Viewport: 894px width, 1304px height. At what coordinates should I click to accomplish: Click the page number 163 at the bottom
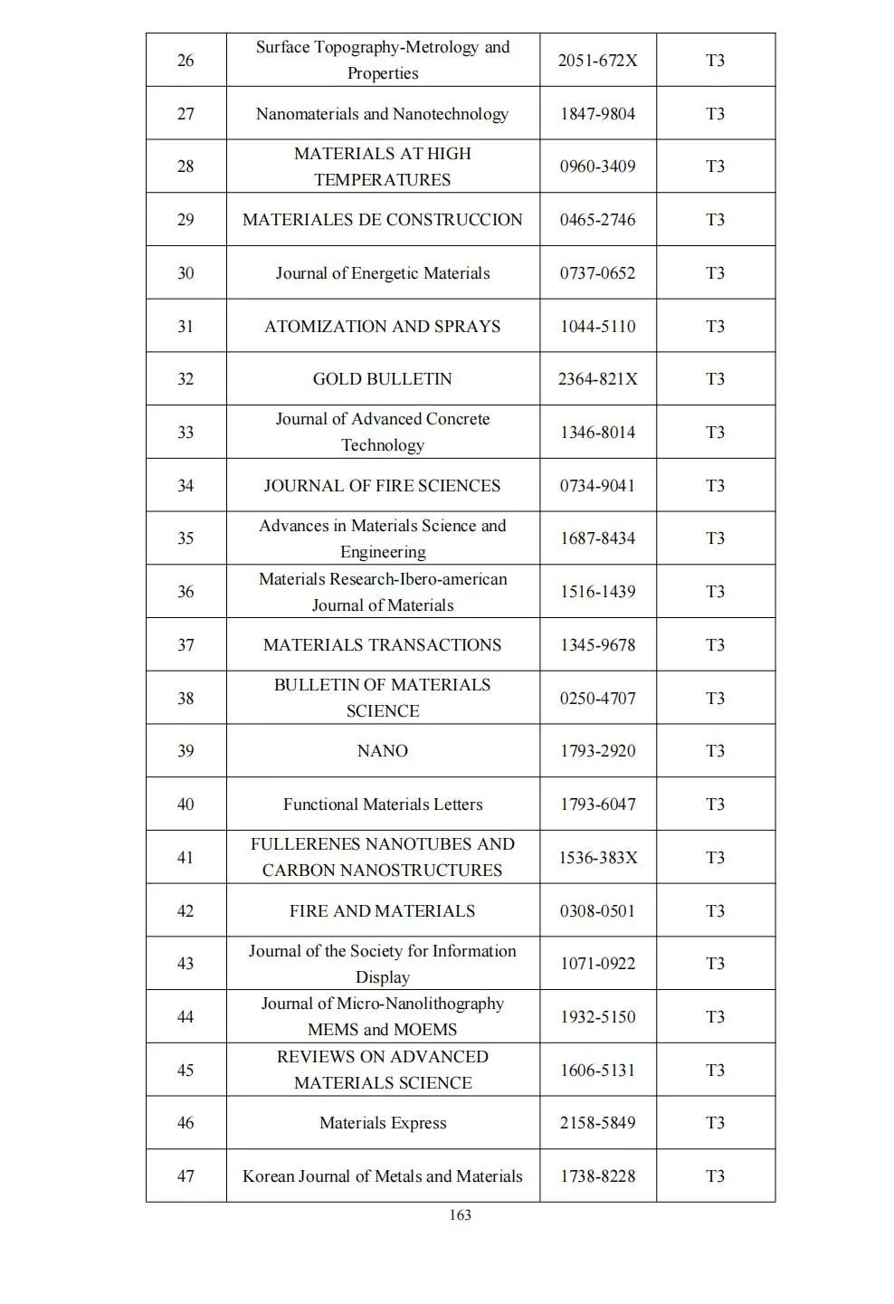tap(460, 1214)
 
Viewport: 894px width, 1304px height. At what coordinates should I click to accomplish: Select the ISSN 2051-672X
tap(597, 61)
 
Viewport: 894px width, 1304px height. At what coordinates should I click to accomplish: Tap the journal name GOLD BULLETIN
tap(382, 379)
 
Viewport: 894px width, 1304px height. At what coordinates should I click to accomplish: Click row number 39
tap(185, 751)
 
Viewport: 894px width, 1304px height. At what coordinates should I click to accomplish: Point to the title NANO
tap(382, 751)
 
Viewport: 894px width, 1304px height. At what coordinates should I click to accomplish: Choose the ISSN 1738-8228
tap(597, 1176)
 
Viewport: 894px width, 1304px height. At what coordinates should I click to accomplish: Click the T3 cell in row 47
tap(715, 1176)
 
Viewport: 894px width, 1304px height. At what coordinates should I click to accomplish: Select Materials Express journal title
tap(382, 1123)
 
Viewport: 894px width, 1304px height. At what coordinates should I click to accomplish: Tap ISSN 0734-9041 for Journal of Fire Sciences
tap(597, 486)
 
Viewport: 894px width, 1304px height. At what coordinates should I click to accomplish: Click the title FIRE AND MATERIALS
tap(382, 911)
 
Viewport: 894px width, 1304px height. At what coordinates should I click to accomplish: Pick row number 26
tap(185, 61)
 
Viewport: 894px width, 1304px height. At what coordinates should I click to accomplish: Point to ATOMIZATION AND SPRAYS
tap(382, 327)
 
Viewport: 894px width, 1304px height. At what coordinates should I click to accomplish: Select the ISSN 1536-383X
tap(597, 858)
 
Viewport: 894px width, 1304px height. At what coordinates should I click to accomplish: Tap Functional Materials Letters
tap(382, 804)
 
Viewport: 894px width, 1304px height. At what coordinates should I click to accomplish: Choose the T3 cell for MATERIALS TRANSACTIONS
tap(715, 645)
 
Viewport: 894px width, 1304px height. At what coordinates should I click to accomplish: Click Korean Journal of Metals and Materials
tap(382, 1176)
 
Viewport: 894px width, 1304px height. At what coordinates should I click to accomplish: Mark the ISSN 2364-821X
tap(597, 379)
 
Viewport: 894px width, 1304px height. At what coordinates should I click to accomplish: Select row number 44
tap(185, 1017)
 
